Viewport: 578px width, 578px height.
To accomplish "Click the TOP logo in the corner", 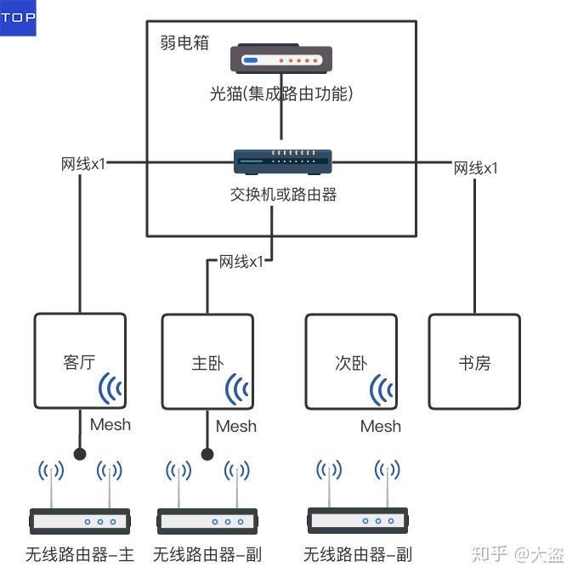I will pyautogui.click(x=18, y=18).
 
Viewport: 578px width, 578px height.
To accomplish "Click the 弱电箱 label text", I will pyautogui.click(x=184, y=42).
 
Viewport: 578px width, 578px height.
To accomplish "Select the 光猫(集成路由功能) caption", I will pyautogui.click(x=281, y=94).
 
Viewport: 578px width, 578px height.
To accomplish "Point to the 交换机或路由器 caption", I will pyautogui.click(x=283, y=195).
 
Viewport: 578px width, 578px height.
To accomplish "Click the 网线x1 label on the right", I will pyautogui.click(x=476, y=167).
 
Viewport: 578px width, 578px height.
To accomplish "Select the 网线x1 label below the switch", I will pyautogui.click(x=241, y=261).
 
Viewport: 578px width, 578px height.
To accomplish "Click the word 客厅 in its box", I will pyautogui.click(x=79, y=363).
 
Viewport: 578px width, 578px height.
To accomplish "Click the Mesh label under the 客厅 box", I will pyautogui.click(x=110, y=424).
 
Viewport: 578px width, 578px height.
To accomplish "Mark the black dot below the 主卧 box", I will pyautogui.click(x=207, y=454).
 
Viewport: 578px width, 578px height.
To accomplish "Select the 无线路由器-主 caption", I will pyautogui.click(x=80, y=556).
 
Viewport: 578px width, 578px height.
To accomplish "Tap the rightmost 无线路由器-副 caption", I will pyautogui.click(x=358, y=556).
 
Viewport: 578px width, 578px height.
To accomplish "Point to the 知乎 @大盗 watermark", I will pyautogui.click(x=517, y=555).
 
